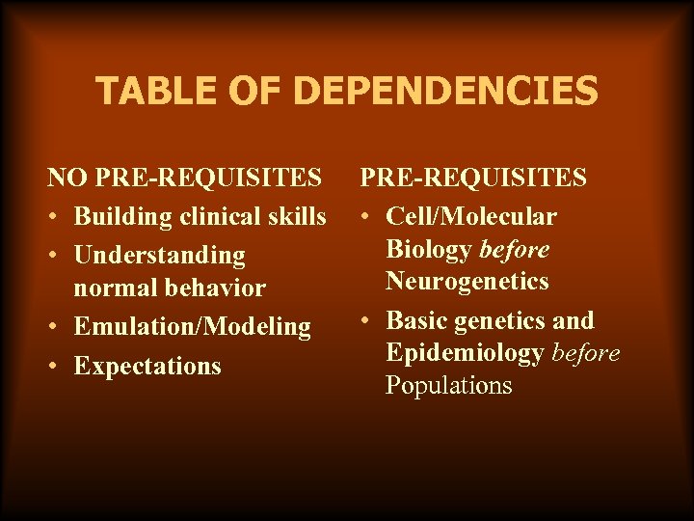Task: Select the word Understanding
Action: [160, 255]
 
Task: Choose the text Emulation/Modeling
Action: [193, 327]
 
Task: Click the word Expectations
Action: [147, 366]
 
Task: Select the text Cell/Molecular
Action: [471, 216]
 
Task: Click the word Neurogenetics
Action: [467, 282]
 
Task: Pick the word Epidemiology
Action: [465, 353]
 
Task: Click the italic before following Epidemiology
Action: [586, 353]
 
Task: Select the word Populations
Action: [449, 386]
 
